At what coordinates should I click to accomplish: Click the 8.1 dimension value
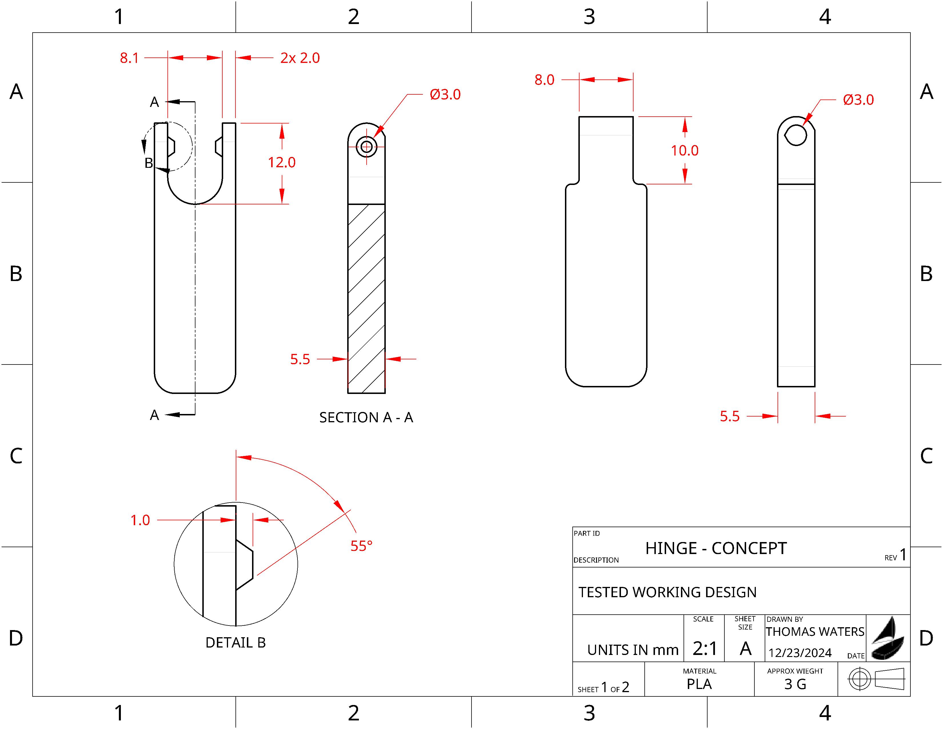(129, 58)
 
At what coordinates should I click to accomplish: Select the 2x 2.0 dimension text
(300, 58)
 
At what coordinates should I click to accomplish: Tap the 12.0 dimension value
(281, 162)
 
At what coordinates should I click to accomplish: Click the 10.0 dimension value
(684, 151)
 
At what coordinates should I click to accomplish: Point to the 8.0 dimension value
(544, 80)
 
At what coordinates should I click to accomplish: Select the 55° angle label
(361, 546)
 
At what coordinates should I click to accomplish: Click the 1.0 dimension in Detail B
(140, 520)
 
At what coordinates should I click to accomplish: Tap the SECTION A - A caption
(366, 417)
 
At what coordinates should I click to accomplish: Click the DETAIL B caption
(235, 643)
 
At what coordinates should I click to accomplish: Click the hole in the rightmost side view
(796, 135)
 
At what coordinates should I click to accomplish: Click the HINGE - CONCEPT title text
(716, 549)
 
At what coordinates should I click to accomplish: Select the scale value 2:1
(705, 648)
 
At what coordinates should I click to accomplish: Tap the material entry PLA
(699, 684)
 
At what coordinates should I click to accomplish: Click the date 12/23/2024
(800, 653)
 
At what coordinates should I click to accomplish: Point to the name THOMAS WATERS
(815, 632)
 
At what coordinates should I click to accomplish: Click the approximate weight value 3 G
(795, 684)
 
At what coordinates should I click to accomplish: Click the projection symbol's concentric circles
(859, 679)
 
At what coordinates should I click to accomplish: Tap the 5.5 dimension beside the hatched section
(300, 359)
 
